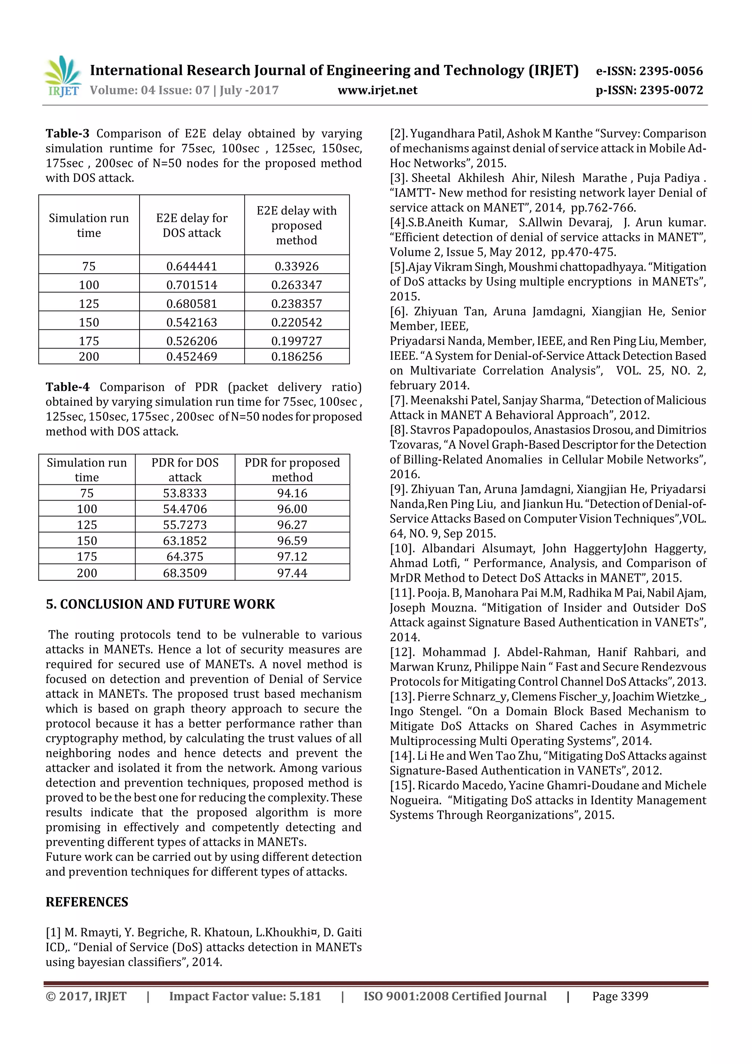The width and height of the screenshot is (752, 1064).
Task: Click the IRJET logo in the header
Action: tap(62, 76)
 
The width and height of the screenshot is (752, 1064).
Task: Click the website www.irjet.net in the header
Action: tap(377, 90)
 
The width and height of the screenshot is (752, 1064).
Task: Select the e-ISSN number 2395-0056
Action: tap(670, 71)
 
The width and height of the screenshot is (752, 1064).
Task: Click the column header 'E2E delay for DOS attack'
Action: tap(191, 225)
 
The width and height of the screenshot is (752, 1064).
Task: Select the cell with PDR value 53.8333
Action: tap(184, 493)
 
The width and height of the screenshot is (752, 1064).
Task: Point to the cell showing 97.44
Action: tap(292, 573)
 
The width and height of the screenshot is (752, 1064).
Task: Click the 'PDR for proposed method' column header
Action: tap(292, 469)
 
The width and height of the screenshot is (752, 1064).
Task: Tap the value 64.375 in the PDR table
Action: tap(184, 556)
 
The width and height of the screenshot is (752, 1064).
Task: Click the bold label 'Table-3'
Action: tap(67, 133)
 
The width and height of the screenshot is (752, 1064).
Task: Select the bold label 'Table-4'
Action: tap(67, 387)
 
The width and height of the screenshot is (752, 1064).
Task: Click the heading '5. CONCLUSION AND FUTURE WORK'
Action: tap(160, 604)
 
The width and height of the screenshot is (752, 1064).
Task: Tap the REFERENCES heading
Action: tap(87, 902)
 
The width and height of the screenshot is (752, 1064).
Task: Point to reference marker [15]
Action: tap(401, 786)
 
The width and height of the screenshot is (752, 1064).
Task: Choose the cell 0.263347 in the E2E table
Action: tap(297, 285)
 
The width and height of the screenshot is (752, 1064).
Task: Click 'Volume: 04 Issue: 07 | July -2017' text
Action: tap(184, 90)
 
